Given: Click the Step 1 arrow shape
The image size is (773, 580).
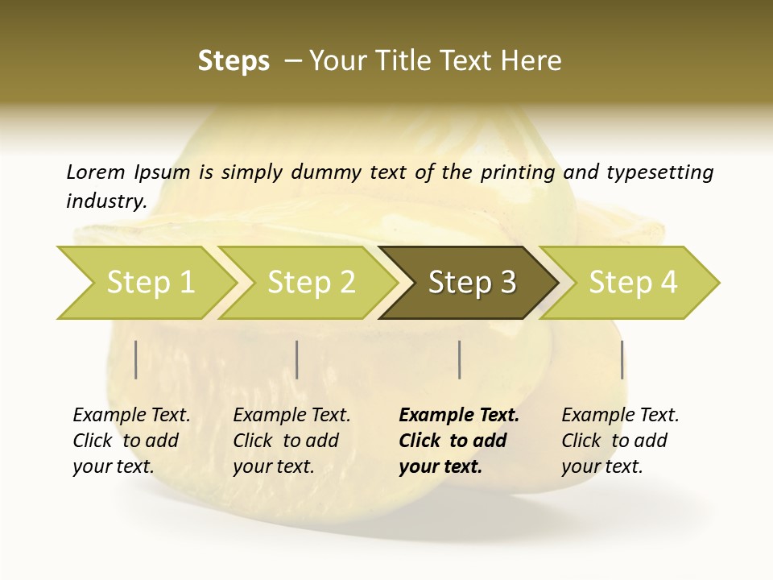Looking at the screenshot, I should [150, 283].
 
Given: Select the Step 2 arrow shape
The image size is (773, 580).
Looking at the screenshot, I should [311, 283].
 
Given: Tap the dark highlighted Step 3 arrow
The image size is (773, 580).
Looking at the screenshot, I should [472, 283].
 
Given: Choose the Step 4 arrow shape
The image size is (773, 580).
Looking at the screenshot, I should [633, 283].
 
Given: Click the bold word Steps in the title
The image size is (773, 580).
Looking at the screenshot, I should [234, 61].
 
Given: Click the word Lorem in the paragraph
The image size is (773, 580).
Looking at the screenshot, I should [96, 172].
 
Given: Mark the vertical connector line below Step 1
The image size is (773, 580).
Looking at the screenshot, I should [136, 359].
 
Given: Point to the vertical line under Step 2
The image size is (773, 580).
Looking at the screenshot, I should [297, 359].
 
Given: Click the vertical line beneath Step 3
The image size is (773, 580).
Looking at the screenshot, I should [459, 359].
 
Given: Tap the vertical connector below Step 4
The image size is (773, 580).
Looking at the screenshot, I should [622, 359].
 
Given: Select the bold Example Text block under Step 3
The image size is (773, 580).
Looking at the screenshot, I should [459, 441].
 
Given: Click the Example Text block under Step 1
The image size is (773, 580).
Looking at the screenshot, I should [131, 441].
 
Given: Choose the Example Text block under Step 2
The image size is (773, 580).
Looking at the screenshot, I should [291, 441].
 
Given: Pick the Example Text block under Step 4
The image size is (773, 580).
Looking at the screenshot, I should [620, 441].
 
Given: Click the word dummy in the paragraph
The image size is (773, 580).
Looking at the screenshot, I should [327, 172].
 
